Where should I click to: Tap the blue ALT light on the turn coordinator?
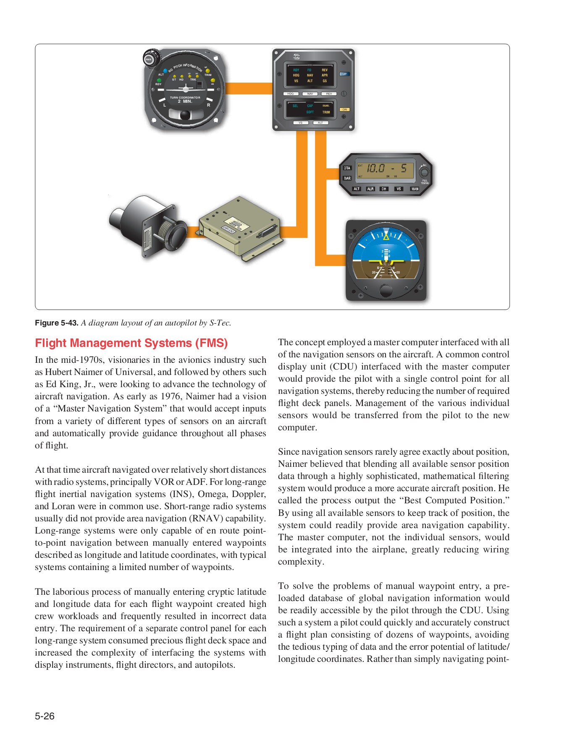pos(165,71)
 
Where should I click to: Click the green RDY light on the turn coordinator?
pos(159,80)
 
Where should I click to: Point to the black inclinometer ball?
pos(185,115)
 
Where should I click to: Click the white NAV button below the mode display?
pos(310,94)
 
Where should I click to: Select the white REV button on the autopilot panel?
pos(329,94)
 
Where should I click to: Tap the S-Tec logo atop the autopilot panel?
pos(297,57)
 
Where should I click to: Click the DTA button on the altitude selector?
pos(347,168)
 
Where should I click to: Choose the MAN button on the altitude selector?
pos(415,189)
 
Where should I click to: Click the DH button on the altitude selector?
pos(384,189)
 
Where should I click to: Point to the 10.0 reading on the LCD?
pos(375,169)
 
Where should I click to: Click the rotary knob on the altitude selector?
pos(424,172)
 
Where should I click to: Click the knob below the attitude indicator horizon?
pos(386,289)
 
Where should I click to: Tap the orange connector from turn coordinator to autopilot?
pos(249,88)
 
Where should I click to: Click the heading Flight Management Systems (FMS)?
pos(131,343)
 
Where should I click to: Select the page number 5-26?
pos(45,716)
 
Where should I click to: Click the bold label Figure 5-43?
pos(57,323)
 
